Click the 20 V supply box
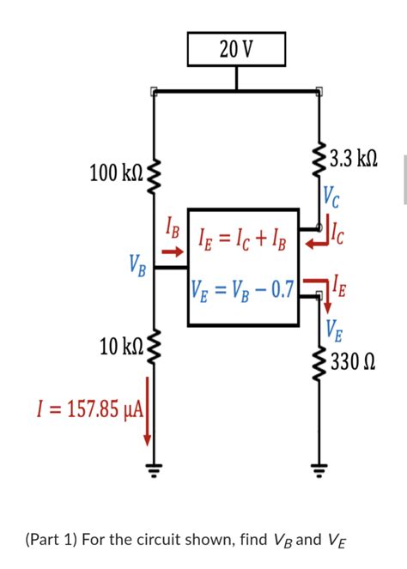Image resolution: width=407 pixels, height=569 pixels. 235,50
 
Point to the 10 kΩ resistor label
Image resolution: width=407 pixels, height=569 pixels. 121,347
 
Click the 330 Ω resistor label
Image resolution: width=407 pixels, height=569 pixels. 353,360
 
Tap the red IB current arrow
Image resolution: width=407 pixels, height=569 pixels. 173,251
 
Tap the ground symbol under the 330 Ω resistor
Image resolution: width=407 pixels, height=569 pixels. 320,471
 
